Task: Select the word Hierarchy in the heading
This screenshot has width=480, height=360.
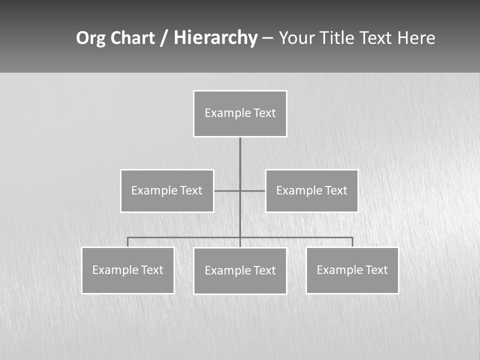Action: coord(215,38)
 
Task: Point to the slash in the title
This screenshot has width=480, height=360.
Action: coord(164,38)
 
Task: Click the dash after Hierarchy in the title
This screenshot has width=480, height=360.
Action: coord(267,38)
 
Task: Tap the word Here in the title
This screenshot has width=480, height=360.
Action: coord(416,38)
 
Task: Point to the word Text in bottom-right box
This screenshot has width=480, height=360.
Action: coord(376,270)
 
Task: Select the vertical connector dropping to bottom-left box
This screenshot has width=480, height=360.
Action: coord(128,242)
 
